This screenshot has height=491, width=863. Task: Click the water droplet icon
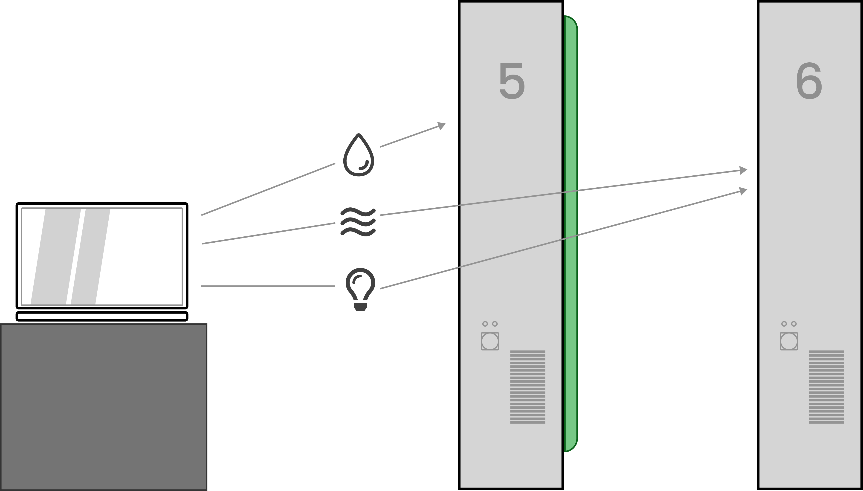pyautogui.click(x=358, y=156)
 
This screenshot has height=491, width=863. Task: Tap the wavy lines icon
pyautogui.click(x=358, y=221)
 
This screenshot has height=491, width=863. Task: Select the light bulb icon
pyautogui.click(x=360, y=288)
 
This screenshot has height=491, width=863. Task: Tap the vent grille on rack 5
pyautogui.click(x=527, y=387)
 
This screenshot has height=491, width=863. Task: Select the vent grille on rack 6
pyautogui.click(x=827, y=387)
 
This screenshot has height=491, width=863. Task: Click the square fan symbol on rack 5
pyautogui.click(x=490, y=341)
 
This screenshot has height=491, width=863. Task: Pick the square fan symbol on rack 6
pyautogui.click(x=789, y=341)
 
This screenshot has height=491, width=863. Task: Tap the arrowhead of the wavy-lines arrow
pyautogui.click(x=743, y=170)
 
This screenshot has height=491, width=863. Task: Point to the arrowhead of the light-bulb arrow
pyautogui.click(x=743, y=191)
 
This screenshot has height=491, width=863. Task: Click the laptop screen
pyautogui.click(x=102, y=256)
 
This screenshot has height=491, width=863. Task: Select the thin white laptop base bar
pyautogui.click(x=102, y=316)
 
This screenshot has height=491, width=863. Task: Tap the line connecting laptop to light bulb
pyautogui.click(x=268, y=286)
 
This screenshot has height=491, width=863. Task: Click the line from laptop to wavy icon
pyautogui.click(x=268, y=233)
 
